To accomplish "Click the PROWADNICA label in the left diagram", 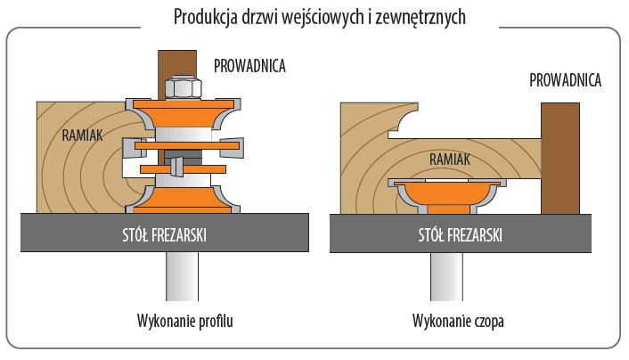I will [x=249, y=64].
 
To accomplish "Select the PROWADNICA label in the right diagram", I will [x=566, y=81].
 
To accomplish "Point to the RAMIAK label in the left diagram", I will [x=84, y=135].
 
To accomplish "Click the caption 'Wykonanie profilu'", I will [x=184, y=321].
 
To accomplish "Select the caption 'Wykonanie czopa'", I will [x=458, y=321].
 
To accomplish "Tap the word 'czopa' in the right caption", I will [x=486, y=321].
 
